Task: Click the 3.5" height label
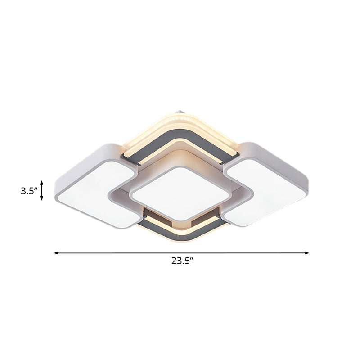coord(28,191)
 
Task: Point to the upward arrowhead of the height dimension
coord(42,182)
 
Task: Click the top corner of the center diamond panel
coord(180,167)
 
